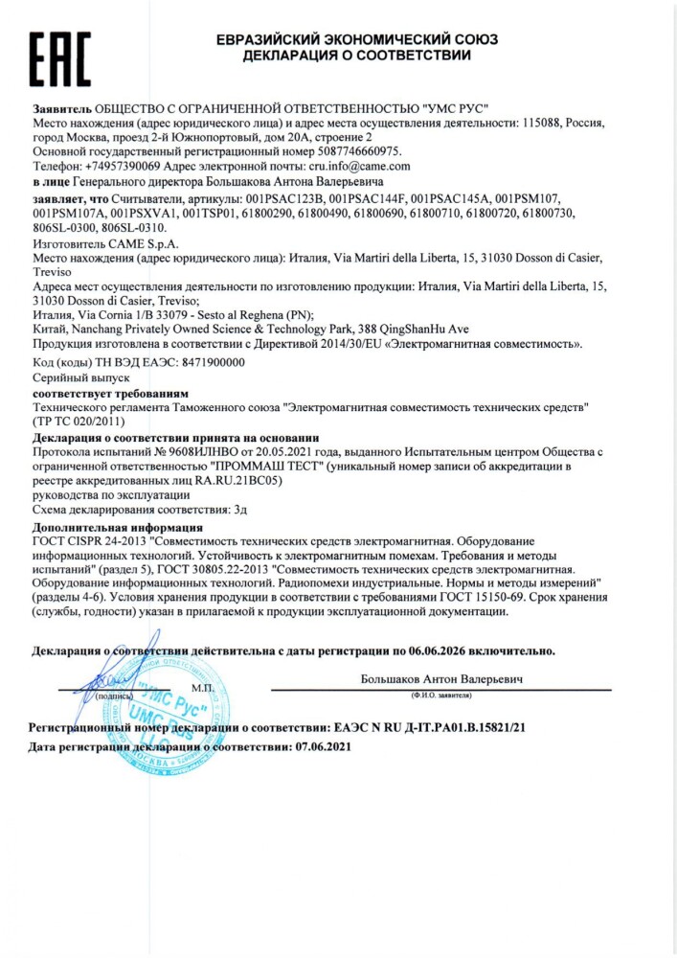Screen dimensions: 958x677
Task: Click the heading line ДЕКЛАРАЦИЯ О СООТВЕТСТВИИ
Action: (x=356, y=56)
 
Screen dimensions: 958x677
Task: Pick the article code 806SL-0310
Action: (x=135, y=228)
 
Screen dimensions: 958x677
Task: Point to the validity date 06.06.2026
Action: (x=445, y=650)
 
